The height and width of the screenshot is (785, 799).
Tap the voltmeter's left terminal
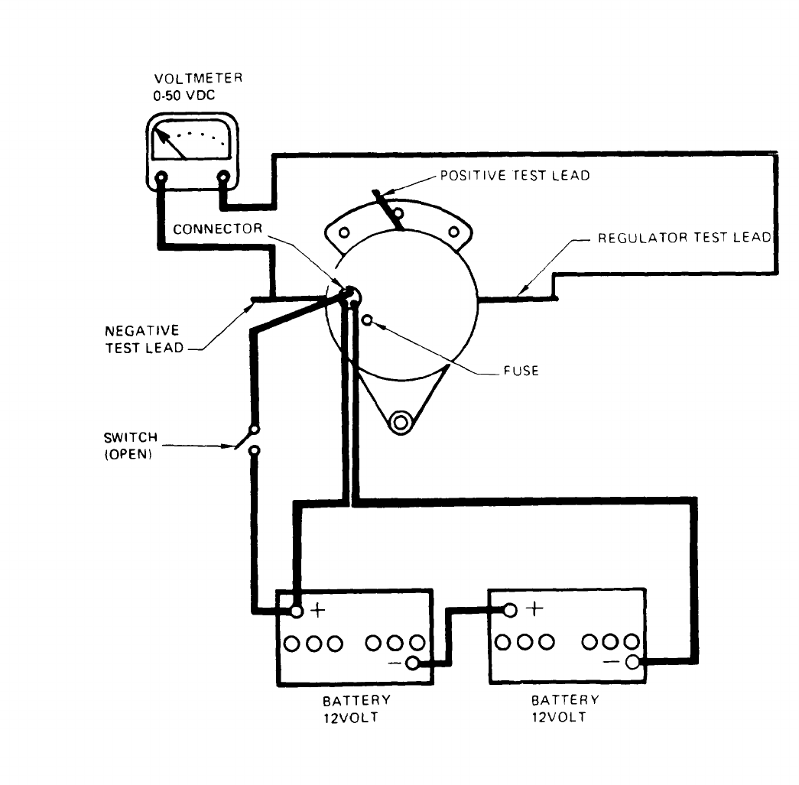(x=161, y=178)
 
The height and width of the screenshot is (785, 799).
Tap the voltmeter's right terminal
(x=223, y=178)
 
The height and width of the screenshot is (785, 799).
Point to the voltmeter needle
(x=172, y=144)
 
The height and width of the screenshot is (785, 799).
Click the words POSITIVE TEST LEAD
(x=515, y=175)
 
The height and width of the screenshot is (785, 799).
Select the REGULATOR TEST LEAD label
(x=684, y=238)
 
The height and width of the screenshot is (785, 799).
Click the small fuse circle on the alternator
(x=368, y=320)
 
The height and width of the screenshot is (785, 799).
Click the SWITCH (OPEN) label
(x=131, y=444)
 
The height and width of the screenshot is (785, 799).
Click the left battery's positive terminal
(x=296, y=611)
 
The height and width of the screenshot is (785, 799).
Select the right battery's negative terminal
(x=632, y=662)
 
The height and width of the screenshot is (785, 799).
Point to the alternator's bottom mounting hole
(x=399, y=420)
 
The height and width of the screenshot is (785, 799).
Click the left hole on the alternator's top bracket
(x=344, y=232)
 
